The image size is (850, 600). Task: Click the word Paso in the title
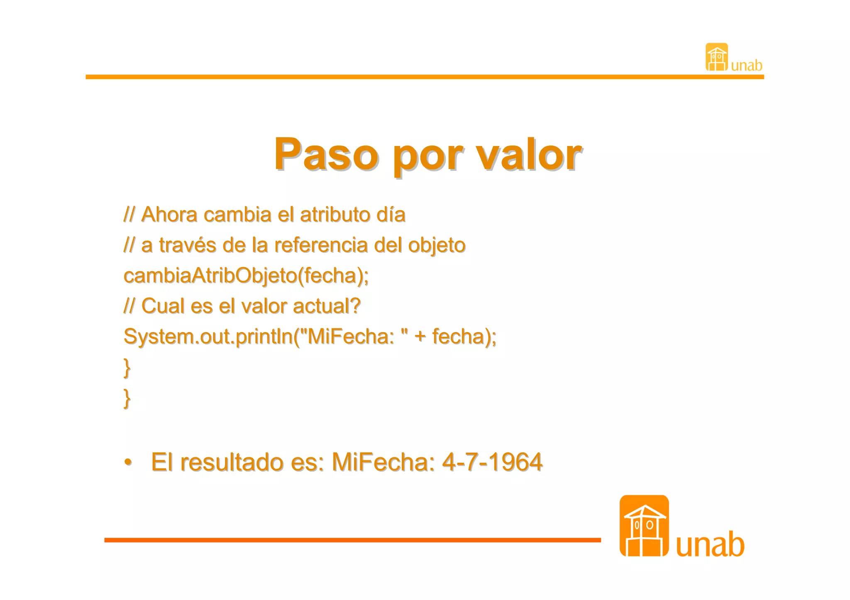pos(326,154)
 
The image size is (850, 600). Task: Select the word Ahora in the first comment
pos(169,215)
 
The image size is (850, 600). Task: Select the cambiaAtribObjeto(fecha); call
pos(246,276)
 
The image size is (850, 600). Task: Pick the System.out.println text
pos(208,336)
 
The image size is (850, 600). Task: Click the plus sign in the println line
pos(420,336)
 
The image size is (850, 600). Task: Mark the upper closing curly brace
pos(127,368)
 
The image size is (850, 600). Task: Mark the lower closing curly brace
pos(127,398)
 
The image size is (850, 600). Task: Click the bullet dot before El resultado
pos(128,462)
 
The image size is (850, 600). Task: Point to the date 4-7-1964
pos(492,462)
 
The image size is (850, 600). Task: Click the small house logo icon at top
pos(716,57)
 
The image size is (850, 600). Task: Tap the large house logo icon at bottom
pos(644,526)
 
